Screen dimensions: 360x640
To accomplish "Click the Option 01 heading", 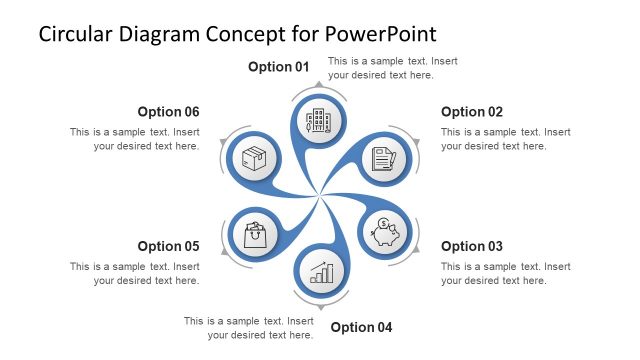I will (279, 67).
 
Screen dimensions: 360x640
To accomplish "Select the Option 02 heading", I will (472, 112).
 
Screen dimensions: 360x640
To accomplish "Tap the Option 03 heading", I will (472, 246).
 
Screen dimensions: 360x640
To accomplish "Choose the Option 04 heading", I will (361, 327).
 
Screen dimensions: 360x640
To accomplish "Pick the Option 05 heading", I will (169, 246).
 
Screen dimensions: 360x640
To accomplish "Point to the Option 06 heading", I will (169, 112).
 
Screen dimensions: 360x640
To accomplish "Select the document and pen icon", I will (384, 158).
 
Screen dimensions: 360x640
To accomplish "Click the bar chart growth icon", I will (321, 271).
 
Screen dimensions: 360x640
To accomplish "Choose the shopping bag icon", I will (255, 235).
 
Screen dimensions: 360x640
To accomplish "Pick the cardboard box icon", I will (254, 158).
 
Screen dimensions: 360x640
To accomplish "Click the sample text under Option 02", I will (505, 139).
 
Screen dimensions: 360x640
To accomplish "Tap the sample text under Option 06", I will (135, 139).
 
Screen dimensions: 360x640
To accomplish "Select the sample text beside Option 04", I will (249, 328).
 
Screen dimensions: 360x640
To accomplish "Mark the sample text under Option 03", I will (505, 274).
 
